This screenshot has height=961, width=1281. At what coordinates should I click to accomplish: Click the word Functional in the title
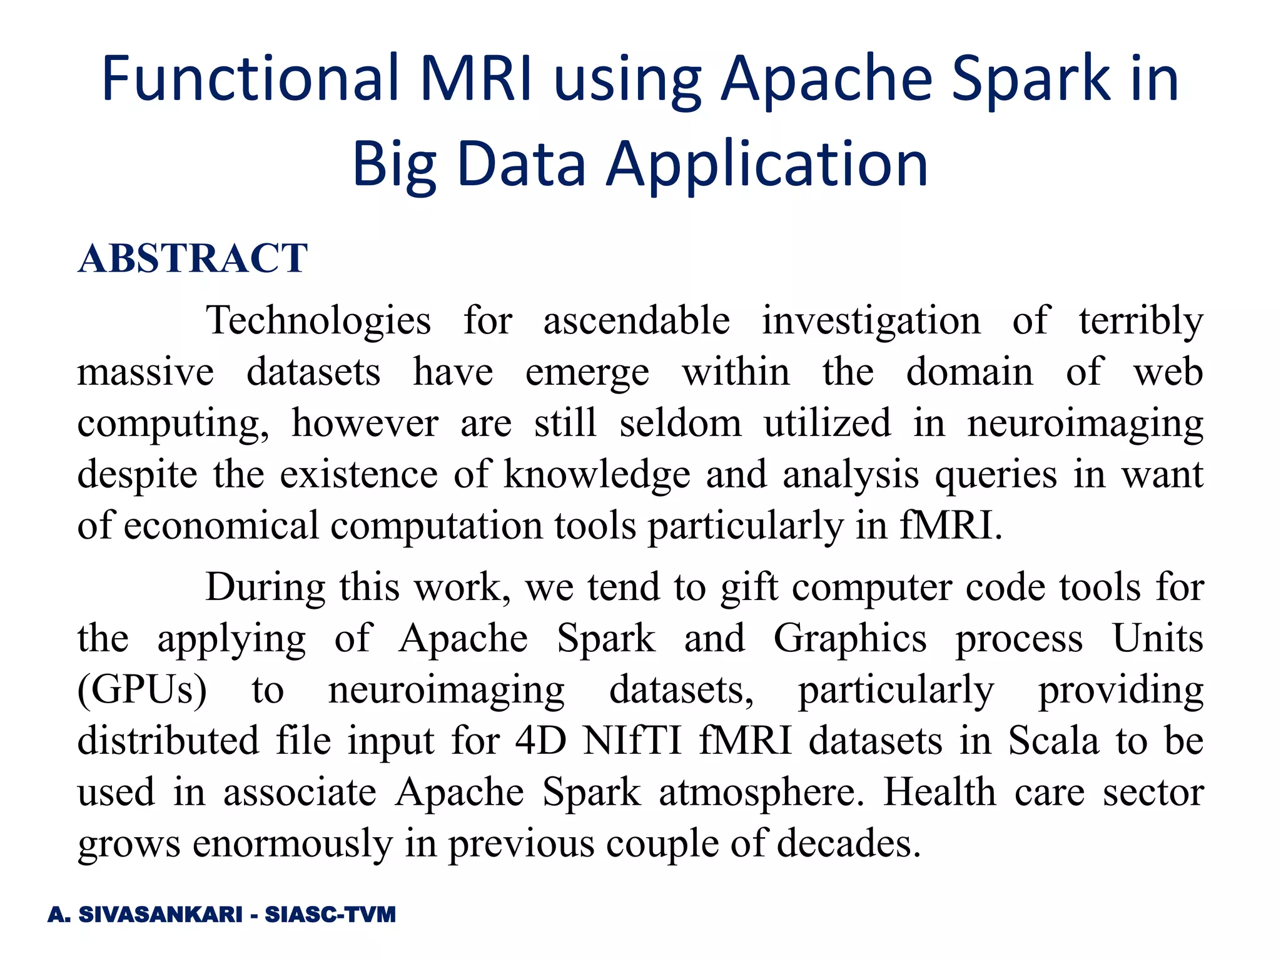[250, 78]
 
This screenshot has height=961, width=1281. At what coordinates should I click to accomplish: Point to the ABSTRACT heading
[193, 258]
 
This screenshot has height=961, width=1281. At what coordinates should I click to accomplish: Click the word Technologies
[318, 320]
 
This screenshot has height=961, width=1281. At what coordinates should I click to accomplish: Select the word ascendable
[636, 320]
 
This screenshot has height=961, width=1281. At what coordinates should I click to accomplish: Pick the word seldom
[681, 423]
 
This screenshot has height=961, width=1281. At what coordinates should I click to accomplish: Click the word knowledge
[597, 474]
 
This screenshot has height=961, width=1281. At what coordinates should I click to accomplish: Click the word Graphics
[849, 639]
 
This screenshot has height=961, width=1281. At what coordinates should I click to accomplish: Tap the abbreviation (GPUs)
[142, 691]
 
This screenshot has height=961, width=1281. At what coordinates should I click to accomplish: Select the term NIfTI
[632, 741]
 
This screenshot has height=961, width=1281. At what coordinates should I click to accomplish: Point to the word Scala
[1053, 741]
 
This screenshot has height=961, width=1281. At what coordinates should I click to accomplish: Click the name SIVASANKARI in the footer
[160, 915]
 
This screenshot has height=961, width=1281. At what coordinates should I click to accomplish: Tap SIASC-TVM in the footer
[330, 915]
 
